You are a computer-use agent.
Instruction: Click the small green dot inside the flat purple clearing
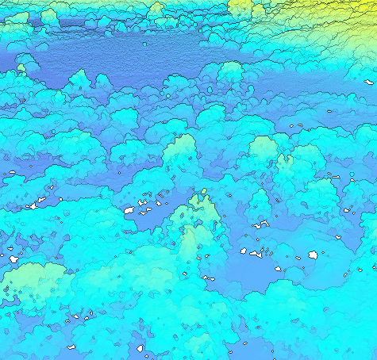[144, 44]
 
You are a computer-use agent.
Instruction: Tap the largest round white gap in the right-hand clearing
[314, 256]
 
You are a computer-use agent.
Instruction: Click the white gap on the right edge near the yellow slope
[370, 81]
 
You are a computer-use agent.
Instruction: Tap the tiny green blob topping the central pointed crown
[204, 191]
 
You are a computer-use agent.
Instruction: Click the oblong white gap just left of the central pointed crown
[129, 210]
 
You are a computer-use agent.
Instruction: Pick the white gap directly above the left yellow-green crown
[13, 259]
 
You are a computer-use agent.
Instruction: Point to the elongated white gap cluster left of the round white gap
[256, 254]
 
